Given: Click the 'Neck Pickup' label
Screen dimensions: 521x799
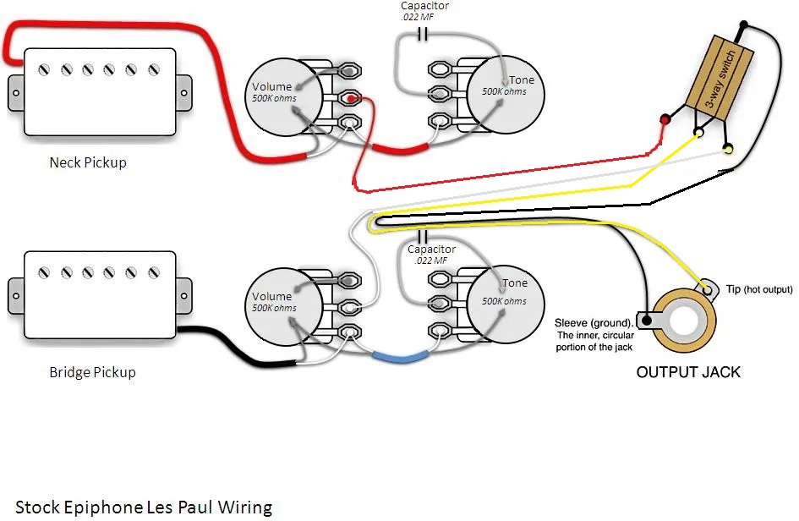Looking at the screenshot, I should tap(88, 162).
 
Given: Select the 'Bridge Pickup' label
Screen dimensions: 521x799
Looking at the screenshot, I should tap(92, 372).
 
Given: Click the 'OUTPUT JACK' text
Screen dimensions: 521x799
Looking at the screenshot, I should tap(688, 372).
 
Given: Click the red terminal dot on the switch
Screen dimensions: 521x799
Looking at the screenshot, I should tap(665, 119).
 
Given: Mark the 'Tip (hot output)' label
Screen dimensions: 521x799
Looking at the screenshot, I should tap(758, 290).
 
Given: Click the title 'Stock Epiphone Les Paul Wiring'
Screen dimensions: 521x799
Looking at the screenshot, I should tap(144, 507).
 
